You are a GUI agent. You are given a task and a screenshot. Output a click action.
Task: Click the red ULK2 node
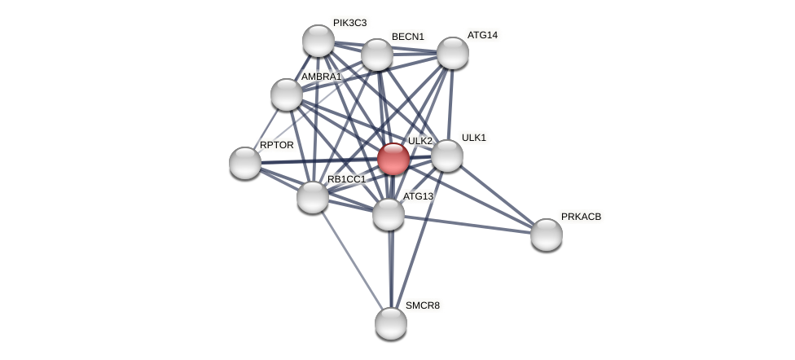click(393, 159)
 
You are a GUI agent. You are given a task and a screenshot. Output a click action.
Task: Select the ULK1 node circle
click(447, 156)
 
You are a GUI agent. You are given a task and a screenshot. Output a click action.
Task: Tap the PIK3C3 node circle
click(318, 41)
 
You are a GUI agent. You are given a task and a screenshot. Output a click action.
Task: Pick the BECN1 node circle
click(377, 55)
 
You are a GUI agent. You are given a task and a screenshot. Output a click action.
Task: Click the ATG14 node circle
click(453, 53)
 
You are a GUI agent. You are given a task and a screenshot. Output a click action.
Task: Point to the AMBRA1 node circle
click(287, 94)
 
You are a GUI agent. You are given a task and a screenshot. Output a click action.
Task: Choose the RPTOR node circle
click(245, 163)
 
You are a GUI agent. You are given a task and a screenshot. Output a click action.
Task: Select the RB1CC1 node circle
click(313, 197)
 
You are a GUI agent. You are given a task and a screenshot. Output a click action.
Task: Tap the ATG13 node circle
click(389, 214)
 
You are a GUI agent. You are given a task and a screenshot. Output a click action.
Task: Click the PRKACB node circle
click(547, 235)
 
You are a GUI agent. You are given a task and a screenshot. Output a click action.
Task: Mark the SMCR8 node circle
click(391, 323)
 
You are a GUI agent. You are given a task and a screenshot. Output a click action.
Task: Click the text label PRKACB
click(581, 217)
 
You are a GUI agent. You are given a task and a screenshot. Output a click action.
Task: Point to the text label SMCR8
click(422, 306)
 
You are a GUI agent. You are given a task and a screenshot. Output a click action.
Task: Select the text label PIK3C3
click(349, 23)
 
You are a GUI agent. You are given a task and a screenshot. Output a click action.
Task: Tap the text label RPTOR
click(276, 145)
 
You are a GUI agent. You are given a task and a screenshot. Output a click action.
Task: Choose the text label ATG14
click(482, 35)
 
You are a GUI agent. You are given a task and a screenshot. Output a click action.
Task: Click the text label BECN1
click(407, 37)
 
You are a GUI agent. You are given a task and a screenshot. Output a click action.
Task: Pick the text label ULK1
click(473, 138)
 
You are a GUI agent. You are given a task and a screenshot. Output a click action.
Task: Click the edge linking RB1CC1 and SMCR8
click(352, 261)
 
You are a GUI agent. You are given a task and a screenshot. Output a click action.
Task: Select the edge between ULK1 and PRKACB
click(497, 195)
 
